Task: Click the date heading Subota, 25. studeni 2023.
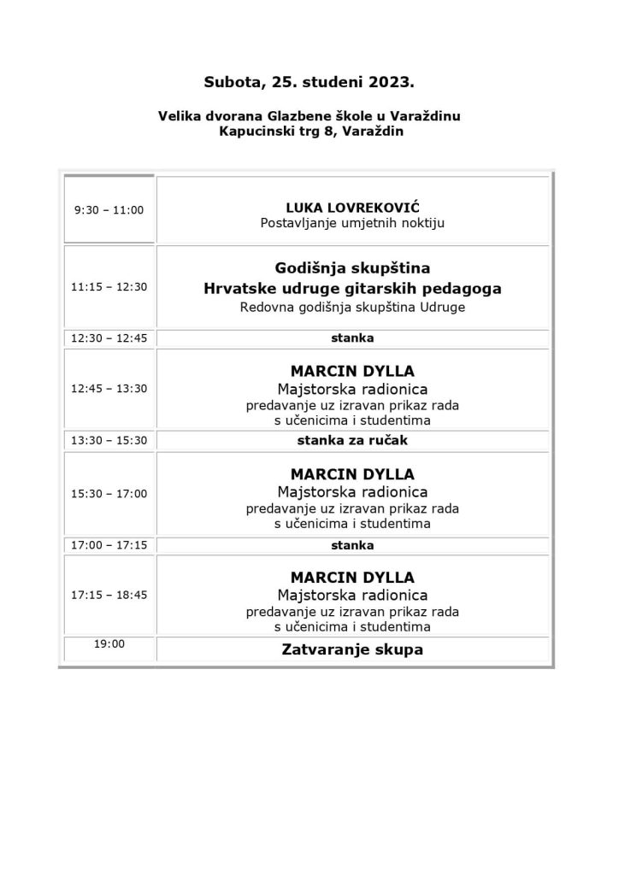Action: click(x=309, y=83)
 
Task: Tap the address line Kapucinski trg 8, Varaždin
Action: click(x=309, y=132)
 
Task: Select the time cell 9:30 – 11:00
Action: click(x=109, y=210)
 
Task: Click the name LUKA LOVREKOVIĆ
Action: click(x=352, y=208)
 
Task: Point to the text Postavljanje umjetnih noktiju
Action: click(x=352, y=223)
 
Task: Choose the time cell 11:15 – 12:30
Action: click(x=109, y=286)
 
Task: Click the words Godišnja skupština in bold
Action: click(x=352, y=267)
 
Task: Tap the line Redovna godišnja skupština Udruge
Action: click(x=352, y=307)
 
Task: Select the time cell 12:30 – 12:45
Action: click(x=109, y=338)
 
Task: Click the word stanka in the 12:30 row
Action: click(x=352, y=338)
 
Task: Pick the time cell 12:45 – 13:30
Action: click(x=109, y=388)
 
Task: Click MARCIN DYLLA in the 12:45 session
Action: click(x=352, y=372)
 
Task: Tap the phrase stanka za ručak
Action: click(x=352, y=441)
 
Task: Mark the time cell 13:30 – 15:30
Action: click(x=109, y=441)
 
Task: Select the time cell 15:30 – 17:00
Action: click(x=109, y=493)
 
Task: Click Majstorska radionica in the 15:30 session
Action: click(x=352, y=492)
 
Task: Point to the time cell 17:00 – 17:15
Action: click(x=109, y=545)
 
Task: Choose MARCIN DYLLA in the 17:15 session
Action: click(x=352, y=578)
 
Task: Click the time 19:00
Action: click(x=109, y=644)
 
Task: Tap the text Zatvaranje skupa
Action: click(x=352, y=649)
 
